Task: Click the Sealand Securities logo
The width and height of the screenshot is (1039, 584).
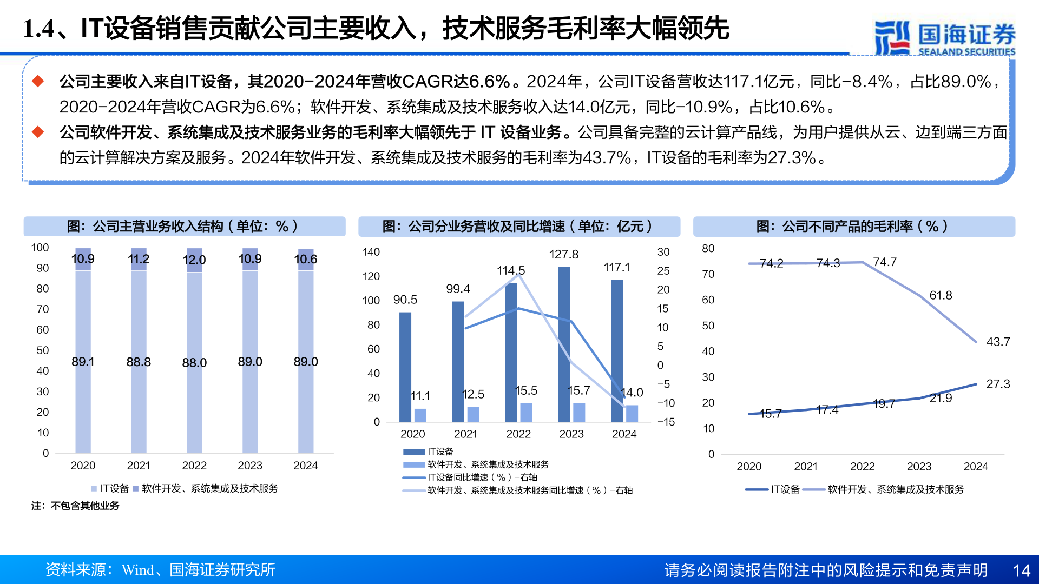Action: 944,37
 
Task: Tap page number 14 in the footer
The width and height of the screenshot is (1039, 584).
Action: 1021,570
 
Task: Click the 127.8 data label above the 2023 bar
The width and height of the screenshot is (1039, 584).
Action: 563,254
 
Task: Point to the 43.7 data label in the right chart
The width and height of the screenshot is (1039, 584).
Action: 998,342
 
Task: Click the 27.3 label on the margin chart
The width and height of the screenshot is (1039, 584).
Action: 998,384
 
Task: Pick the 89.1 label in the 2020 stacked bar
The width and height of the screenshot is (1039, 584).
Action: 83,361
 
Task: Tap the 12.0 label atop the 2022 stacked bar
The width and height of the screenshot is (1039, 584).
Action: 194,260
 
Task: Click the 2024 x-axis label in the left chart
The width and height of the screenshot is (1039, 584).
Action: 305,466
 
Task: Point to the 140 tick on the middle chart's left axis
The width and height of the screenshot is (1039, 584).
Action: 371,252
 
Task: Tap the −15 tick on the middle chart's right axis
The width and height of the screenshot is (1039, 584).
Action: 666,422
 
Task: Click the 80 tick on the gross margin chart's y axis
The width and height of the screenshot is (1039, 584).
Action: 708,249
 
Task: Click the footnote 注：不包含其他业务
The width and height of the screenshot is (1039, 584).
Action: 75,506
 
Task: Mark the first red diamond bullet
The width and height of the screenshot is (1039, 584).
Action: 38,82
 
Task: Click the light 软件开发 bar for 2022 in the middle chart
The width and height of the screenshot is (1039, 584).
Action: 526,412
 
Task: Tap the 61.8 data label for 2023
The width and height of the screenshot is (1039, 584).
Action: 941,295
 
